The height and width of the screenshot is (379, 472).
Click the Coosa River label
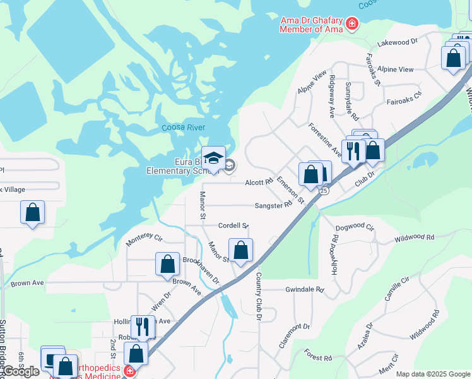[184, 128]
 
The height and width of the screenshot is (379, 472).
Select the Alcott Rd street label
[259, 182]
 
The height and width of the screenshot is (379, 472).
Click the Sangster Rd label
[273, 205]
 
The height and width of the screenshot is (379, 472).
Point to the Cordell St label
[233, 226]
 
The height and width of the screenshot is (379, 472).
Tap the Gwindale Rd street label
[304, 289]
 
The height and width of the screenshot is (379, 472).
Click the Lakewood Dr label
[398, 42]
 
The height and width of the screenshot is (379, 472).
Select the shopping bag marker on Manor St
[240, 250]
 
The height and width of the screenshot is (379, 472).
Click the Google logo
[21, 371]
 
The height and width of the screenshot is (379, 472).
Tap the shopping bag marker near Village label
[32, 212]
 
